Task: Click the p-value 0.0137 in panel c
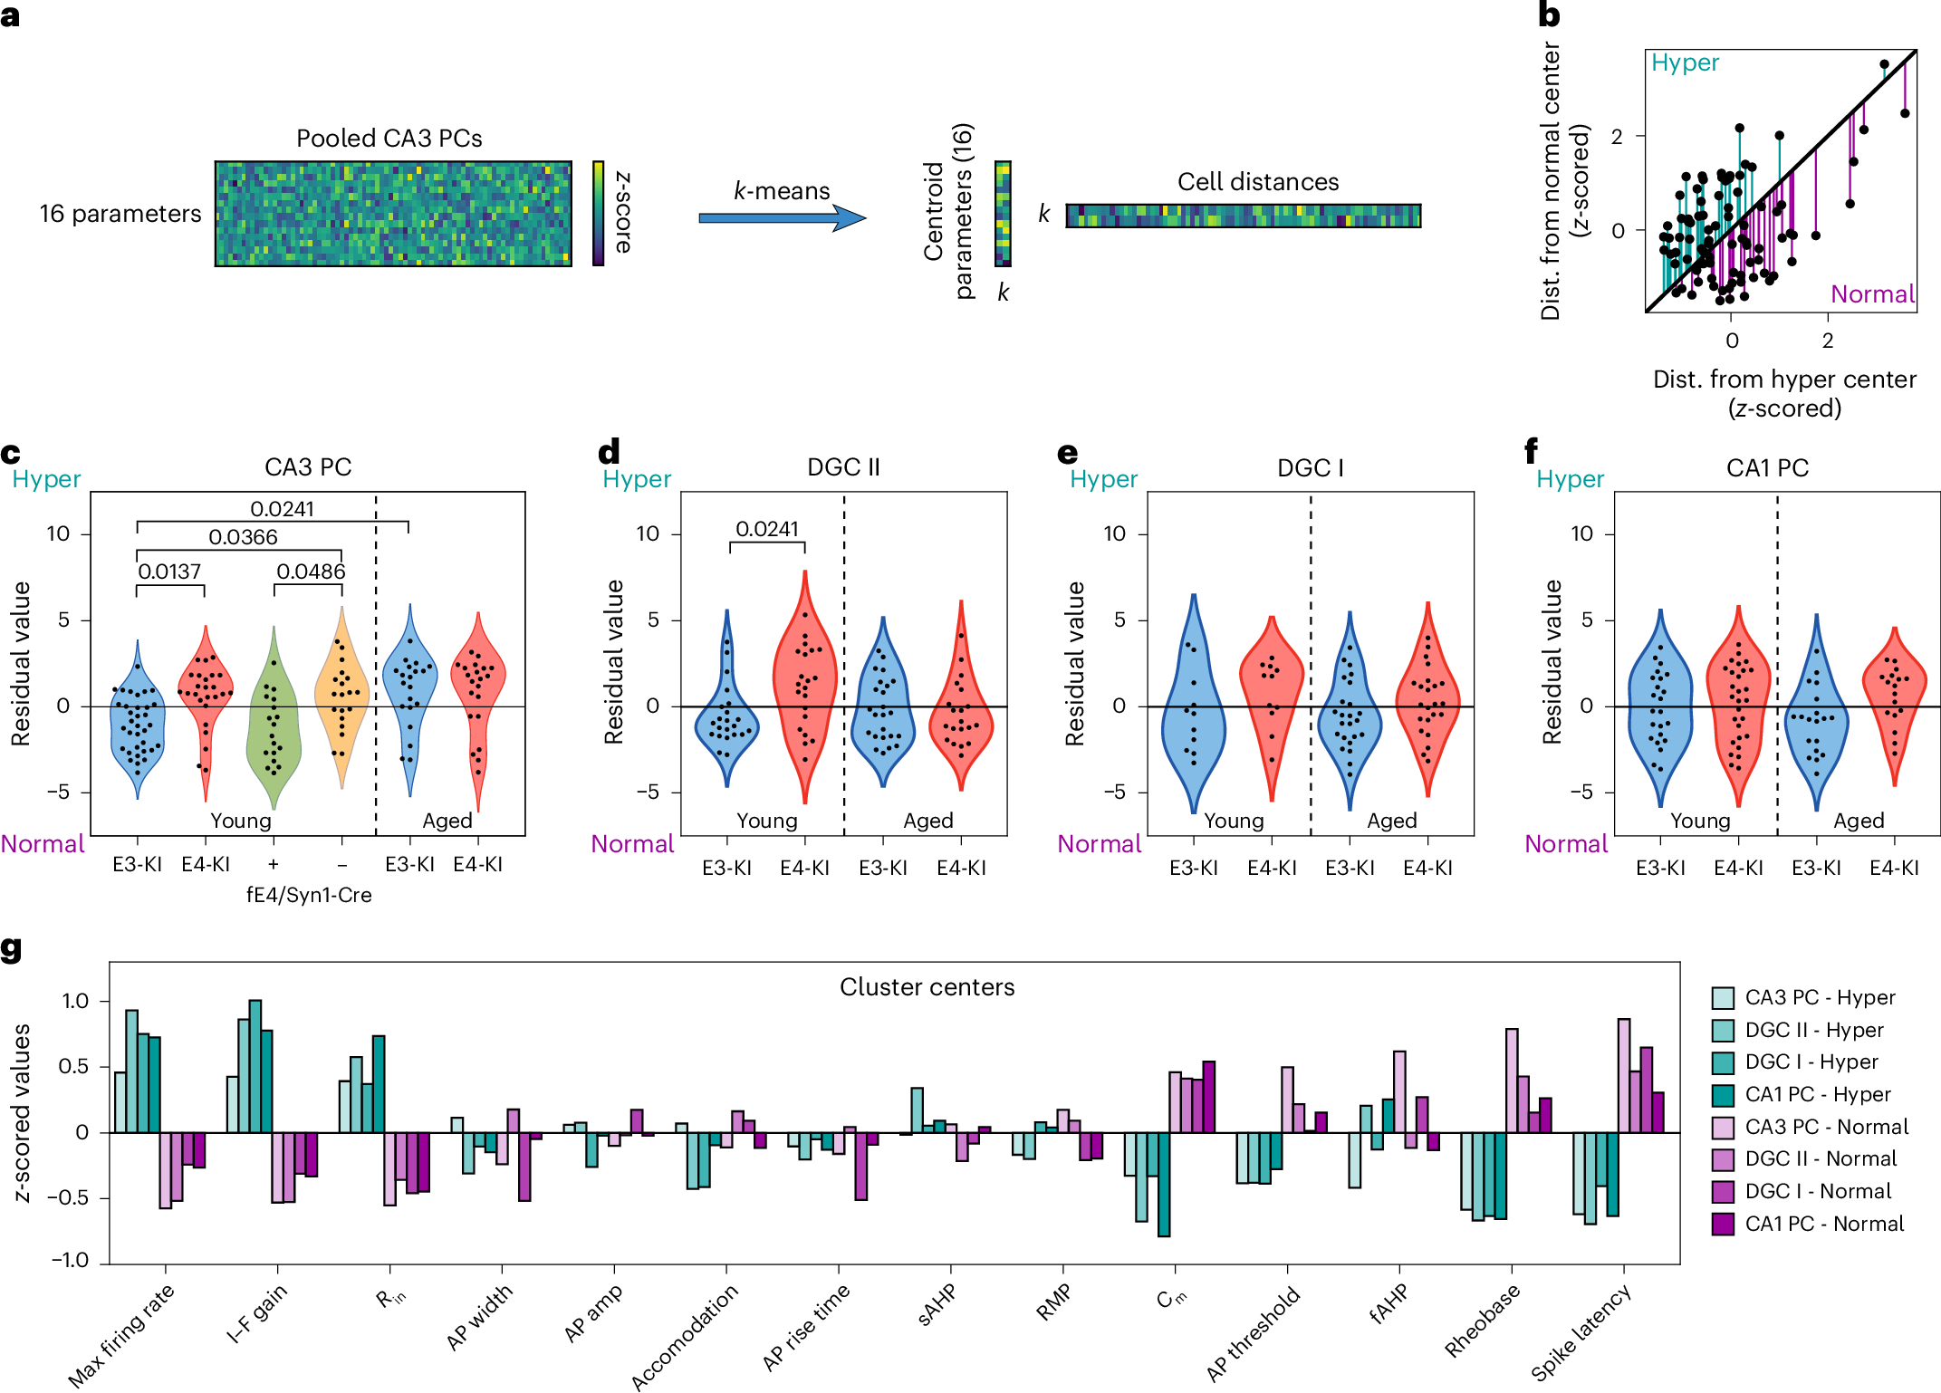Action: pyautogui.click(x=169, y=572)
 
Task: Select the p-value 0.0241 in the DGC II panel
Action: pyautogui.click(x=767, y=529)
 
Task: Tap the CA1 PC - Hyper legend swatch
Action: pyautogui.click(x=1722, y=1095)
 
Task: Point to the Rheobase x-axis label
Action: pyautogui.click(x=1482, y=1321)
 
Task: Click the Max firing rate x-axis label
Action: pyautogui.click(x=121, y=1336)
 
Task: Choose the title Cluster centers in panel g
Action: pyautogui.click(x=927, y=987)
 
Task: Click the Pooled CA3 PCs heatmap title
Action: pyautogui.click(x=389, y=138)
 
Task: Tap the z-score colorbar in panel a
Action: pyautogui.click(x=598, y=213)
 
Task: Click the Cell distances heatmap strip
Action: pyautogui.click(x=1243, y=216)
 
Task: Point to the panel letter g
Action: pyautogui.click(x=11, y=948)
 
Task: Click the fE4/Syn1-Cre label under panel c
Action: pyautogui.click(x=309, y=895)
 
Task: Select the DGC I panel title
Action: pyautogui.click(x=1310, y=468)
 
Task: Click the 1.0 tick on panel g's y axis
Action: pyautogui.click(x=75, y=1001)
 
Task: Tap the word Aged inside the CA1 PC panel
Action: pyautogui.click(x=1859, y=821)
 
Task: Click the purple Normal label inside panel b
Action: pyautogui.click(x=1871, y=294)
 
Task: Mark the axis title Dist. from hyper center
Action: pyautogui.click(x=1783, y=379)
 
